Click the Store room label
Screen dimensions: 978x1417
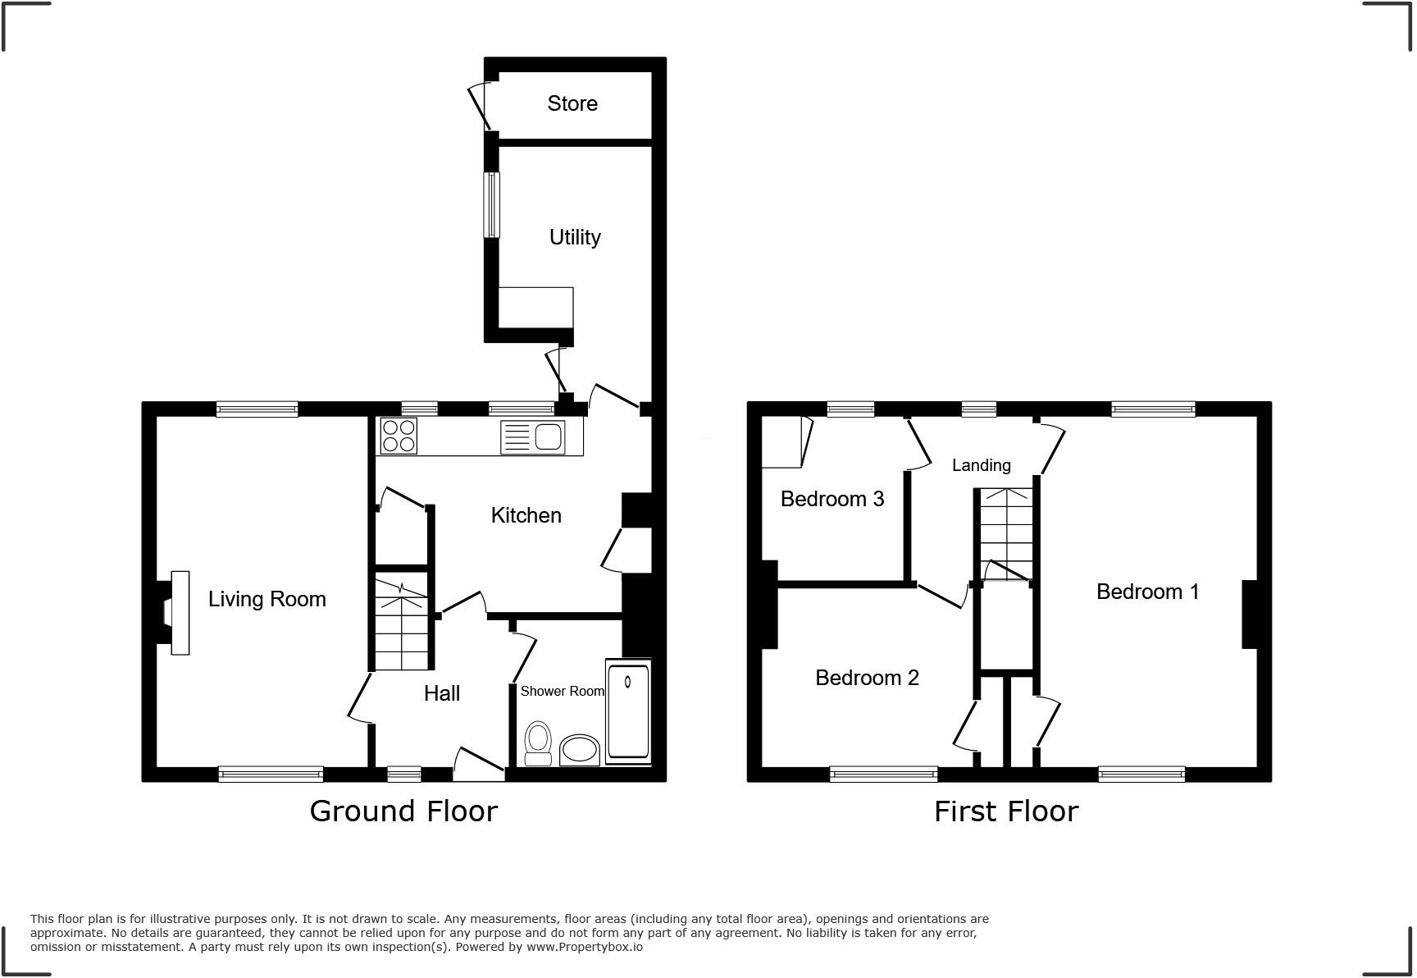(x=572, y=103)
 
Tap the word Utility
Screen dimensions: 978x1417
(x=575, y=237)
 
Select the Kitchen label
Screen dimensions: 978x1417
(x=526, y=515)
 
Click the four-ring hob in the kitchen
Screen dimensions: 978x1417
(x=399, y=436)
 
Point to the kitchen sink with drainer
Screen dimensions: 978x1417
(x=533, y=436)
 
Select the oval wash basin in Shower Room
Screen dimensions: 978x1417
(x=580, y=750)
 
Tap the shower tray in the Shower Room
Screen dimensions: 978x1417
(x=628, y=711)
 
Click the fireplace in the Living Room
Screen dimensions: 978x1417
(x=174, y=613)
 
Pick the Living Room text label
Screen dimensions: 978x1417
(x=267, y=599)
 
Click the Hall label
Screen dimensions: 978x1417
(x=441, y=693)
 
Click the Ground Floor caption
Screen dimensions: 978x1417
(x=403, y=811)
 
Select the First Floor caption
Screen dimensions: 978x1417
(x=1005, y=811)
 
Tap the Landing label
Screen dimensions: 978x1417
(x=981, y=465)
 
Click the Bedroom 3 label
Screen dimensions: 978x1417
(x=832, y=499)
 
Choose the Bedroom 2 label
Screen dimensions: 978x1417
(x=867, y=678)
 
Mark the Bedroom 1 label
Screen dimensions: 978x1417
(x=1147, y=592)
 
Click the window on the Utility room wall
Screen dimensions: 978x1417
(x=491, y=204)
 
